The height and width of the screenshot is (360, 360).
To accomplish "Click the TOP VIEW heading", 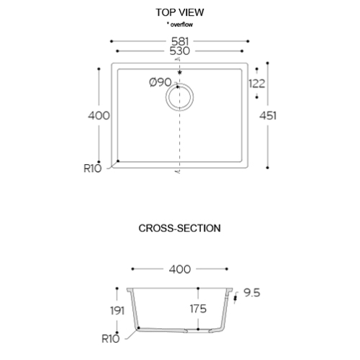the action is (180, 12).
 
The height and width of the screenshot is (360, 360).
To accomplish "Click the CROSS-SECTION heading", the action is (179, 228).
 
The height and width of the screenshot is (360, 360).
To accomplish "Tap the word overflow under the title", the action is (181, 25).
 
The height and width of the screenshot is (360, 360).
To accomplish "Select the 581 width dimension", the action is (180, 41).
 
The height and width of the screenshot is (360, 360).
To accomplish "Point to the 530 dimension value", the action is (180, 51).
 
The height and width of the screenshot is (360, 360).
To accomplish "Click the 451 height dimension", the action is (267, 116).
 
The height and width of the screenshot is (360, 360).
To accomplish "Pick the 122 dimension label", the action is (257, 84).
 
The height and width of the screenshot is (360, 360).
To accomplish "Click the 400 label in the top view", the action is (99, 116).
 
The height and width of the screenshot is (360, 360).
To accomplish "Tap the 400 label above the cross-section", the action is (180, 269).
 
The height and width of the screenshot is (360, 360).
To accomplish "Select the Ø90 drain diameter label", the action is (160, 82).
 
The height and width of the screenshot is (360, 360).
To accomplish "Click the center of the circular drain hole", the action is (179, 97).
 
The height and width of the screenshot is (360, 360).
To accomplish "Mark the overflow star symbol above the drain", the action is (179, 72).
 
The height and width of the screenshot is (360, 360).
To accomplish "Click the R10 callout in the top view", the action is (93, 168).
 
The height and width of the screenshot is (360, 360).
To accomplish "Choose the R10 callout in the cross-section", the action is (111, 339).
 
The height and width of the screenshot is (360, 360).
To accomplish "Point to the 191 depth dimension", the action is (117, 311).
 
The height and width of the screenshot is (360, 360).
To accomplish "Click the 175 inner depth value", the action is (198, 309).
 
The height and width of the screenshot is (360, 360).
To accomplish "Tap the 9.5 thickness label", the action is (252, 293).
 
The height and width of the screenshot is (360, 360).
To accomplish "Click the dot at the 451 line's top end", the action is (267, 63).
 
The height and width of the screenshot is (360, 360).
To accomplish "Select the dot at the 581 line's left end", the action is (111, 41).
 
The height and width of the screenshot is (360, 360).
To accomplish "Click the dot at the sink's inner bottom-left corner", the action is (118, 161).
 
